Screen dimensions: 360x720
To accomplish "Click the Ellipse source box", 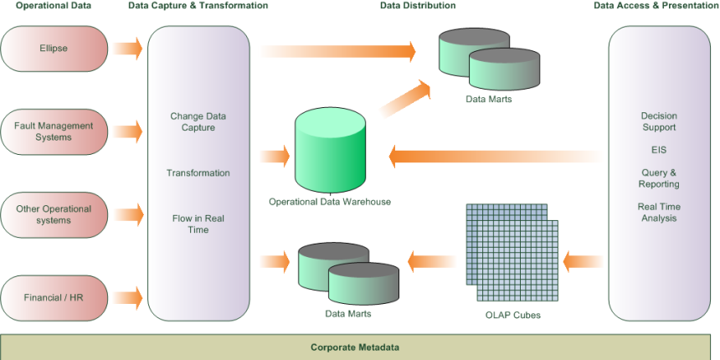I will pyautogui.click(x=54, y=49).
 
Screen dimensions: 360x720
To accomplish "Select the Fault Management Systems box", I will pyautogui.click(x=54, y=131).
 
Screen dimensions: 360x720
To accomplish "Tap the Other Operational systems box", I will pyautogui.click(x=54, y=214).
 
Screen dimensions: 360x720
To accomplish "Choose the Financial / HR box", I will pyautogui.click(x=54, y=297).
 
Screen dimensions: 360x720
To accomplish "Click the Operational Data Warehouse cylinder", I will pyautogui.click(x=330, y=151).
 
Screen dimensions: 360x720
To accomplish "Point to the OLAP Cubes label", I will pyautogui.click(x=512, y=316).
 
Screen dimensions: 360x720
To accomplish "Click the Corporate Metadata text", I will pyautogui.click(x=355, y=347).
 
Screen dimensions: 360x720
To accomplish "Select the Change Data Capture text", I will pyautogui.click(x=198, y=122).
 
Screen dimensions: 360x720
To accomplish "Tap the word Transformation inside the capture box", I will pyautogui.click(x=198, y=173).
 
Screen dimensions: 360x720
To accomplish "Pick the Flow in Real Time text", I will pyautogui.click(x=198, y=224).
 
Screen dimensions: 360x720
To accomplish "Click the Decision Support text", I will pyautogui.click(x=659, y=121).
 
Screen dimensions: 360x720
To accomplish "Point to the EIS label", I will pyautogui.click(x=659, y=150).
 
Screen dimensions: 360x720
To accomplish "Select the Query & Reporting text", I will pyautogui.click(x=659, y=178).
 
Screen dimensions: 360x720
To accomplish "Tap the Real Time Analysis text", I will pyautogui.click(x=659, y=213).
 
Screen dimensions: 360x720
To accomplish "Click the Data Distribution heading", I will pyautogui.click(x=418, y=6).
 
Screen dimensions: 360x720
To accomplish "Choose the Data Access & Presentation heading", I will pyautogui.click(x=656, y=6).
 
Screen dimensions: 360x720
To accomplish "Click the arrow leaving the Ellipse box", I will pyautogui.click(x=128, y=48).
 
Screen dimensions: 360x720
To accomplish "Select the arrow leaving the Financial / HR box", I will pyautogui.click(x=128, y=296).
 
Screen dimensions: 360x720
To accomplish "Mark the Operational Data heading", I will pyautogui.click(x=54, y=6).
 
